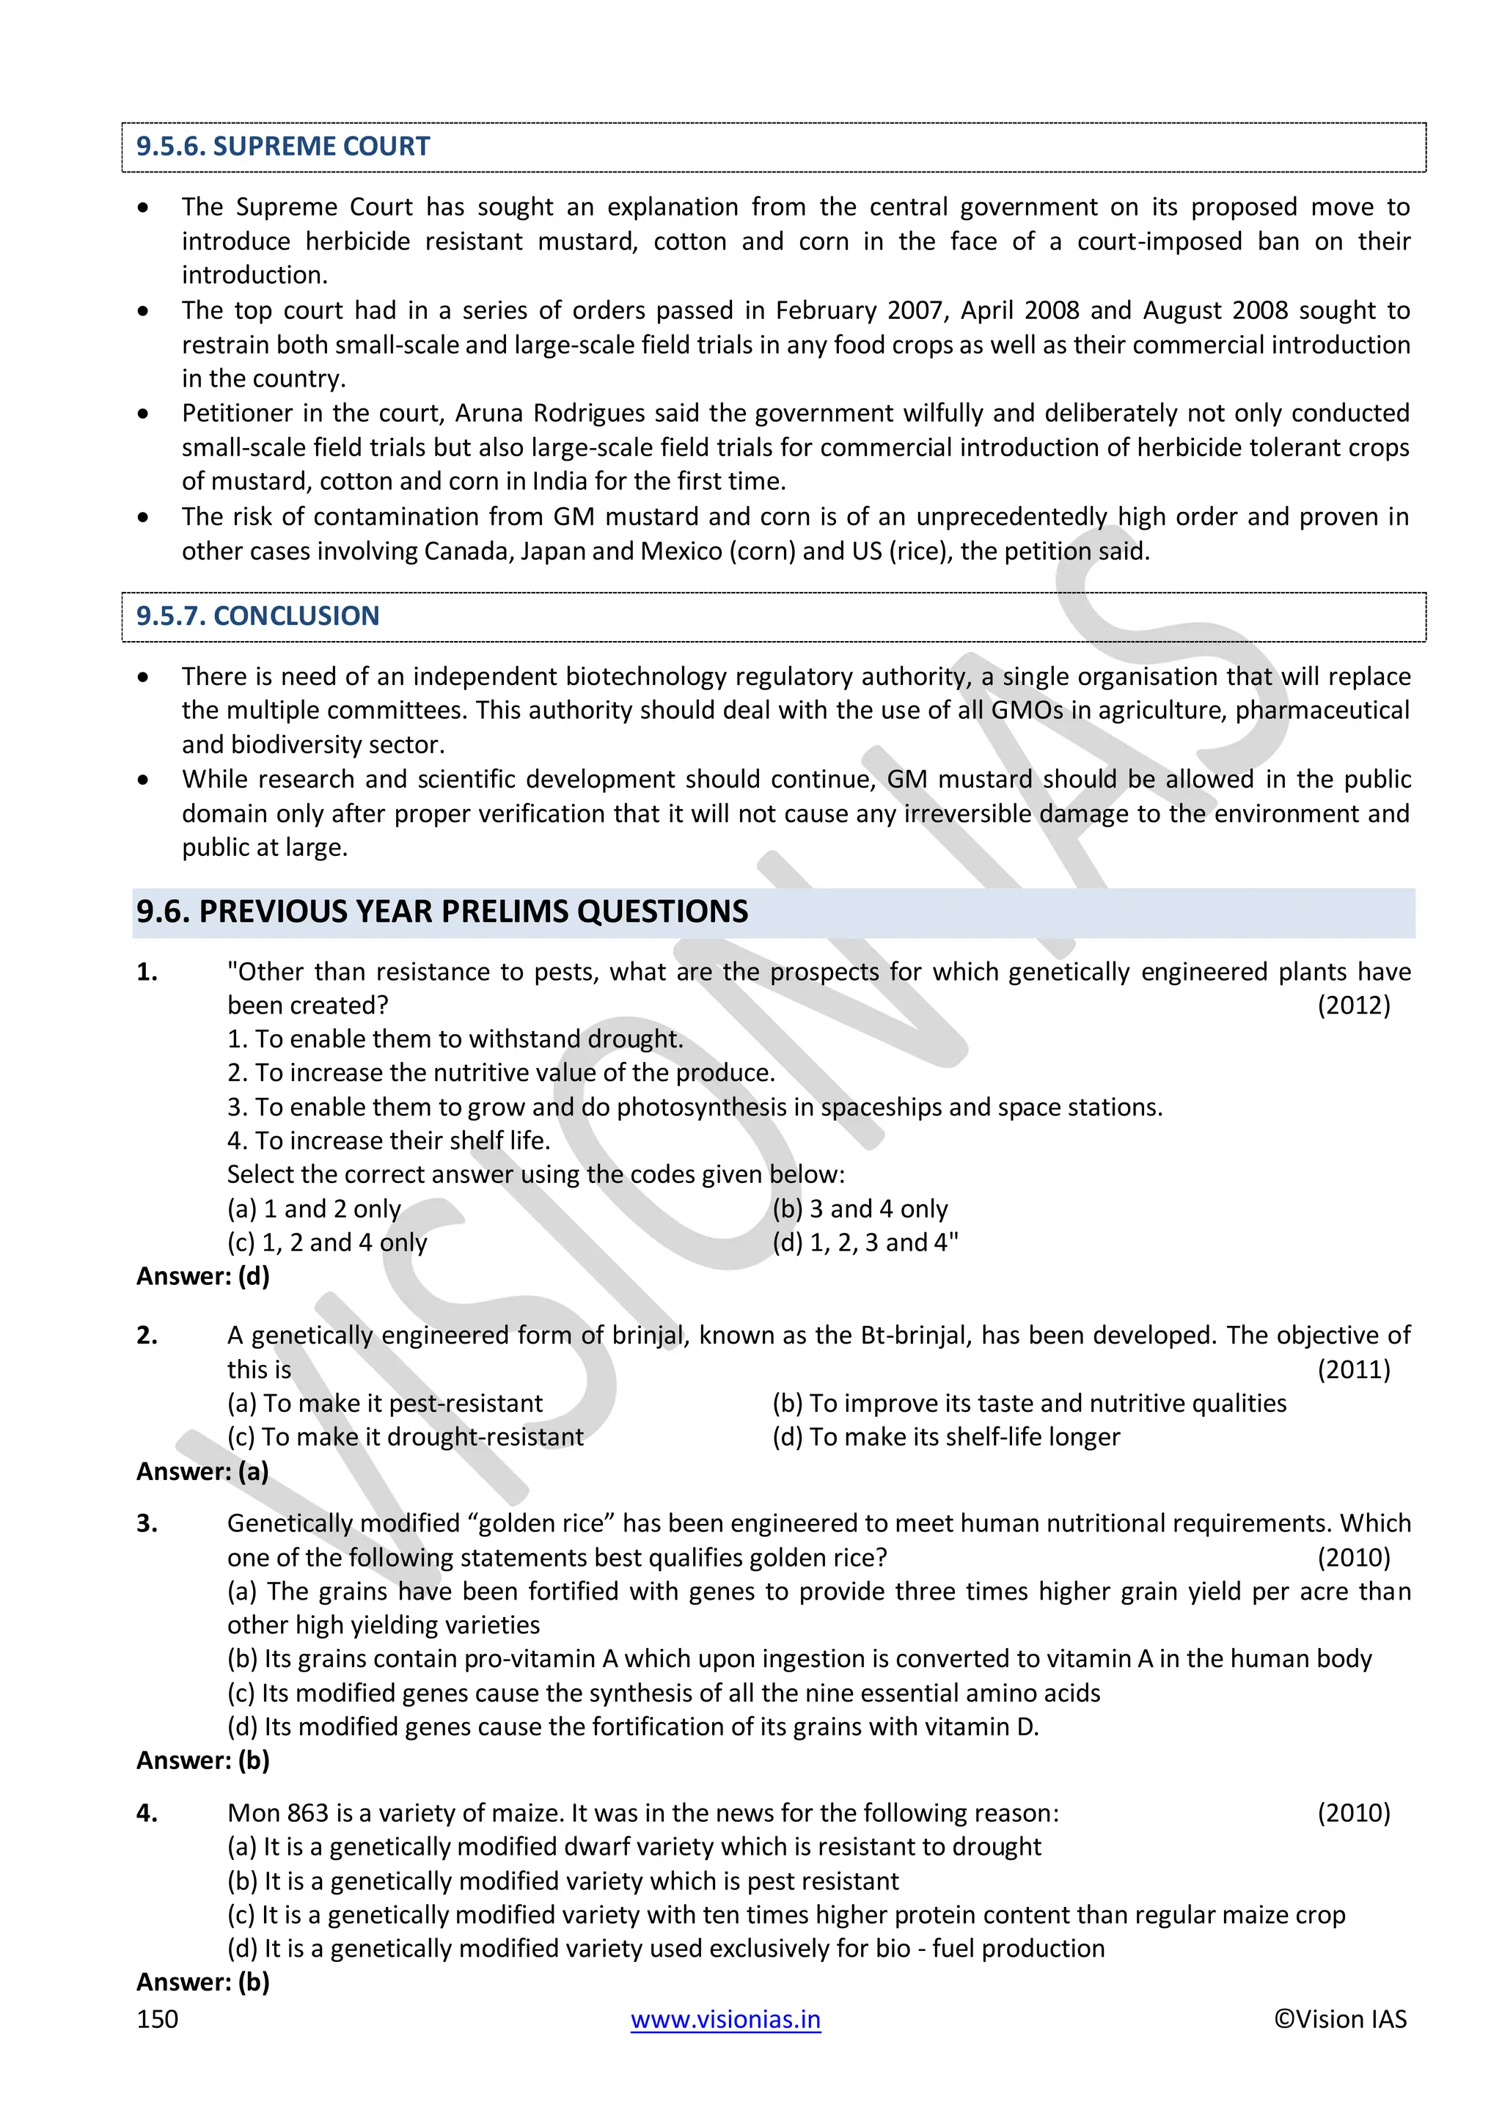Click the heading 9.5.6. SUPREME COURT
[x=282, y=146]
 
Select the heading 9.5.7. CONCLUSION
[x=257, y=616]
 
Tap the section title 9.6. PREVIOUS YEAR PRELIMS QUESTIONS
[x=442, y=912]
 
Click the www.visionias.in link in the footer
[x=725, y=2019]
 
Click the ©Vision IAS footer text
[x=1340, y=2019]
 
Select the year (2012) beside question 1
[x=1353, y=1006]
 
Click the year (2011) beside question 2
[x=1353, y=1369]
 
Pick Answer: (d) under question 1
[x=202, y=1277]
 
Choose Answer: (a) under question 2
[x=202, y=1471]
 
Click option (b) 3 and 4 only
[x=860, y=1209]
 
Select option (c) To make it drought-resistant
[x=405, y=1437]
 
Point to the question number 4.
[x=146, y=1813]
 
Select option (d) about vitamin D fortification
[x=633, y=1727]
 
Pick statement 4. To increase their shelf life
[x=389, y=1140]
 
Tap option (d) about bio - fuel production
[x=666, y=1949]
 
